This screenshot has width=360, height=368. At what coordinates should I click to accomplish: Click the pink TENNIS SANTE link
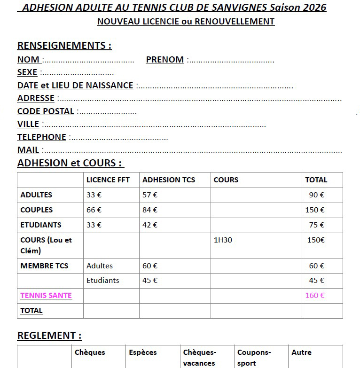(x=46, y=296)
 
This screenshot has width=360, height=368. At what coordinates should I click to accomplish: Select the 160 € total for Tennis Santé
(x=315, y=296)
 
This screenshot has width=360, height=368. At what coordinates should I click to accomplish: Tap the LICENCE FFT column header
(x=108, y=180)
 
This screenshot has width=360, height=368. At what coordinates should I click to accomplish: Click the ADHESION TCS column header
(x=169, y=180)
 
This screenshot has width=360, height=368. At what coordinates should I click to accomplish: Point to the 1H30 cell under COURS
(x=223, y=240)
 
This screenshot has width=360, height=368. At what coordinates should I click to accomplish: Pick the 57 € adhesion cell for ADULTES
(x=150, y=195)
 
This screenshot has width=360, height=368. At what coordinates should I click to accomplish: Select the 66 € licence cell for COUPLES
(x=94, y=210)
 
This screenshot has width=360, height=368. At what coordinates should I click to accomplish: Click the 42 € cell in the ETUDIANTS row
(x=150, y=225)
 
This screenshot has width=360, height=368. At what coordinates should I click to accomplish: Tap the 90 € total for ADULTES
(x=316, y=195)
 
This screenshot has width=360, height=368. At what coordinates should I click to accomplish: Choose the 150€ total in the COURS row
(x=316, y=240)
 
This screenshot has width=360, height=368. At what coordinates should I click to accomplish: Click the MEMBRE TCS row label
(x=44, y=266)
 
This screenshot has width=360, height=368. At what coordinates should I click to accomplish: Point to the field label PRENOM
(x=165, y=60)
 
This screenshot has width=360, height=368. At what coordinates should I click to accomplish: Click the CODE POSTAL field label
(x=46, y=111)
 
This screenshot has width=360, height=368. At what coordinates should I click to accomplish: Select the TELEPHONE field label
(x=42, y=137)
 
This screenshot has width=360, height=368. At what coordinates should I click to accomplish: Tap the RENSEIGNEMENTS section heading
(x=64, y=46)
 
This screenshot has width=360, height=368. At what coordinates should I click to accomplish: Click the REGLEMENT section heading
(x=49, y=336)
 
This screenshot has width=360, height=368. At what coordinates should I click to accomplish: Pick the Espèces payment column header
(x=143, y=352)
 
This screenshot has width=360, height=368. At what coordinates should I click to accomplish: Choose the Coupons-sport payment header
(x=254, y=357)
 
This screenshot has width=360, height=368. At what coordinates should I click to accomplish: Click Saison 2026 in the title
(x=298, y=8)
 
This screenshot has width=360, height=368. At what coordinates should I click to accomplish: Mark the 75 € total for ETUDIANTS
(x=316, y=225)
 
